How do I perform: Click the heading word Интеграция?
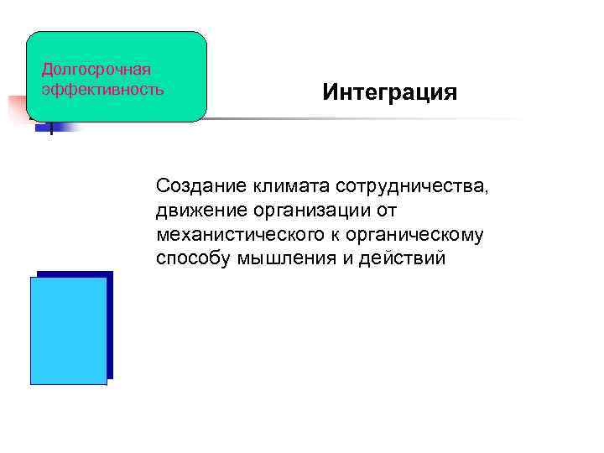(390, 91)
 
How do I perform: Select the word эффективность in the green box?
(102, 87)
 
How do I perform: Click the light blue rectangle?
(68, 331)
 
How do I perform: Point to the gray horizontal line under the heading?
(361, 119)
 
